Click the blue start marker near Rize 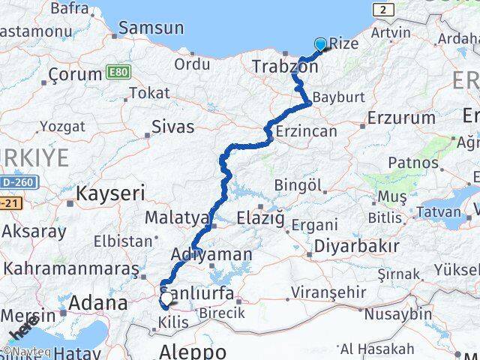coord(321,44)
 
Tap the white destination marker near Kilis coord(166,298)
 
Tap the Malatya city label coord(176,217)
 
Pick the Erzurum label coord(402,118)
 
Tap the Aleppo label coord(193,350)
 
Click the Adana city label coord(98,303)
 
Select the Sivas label coord(172,127)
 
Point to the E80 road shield coord(117,72)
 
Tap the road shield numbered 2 coord(385,9)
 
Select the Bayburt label coord(337,98)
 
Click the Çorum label coord(74,74)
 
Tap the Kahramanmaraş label coord(72,268)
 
